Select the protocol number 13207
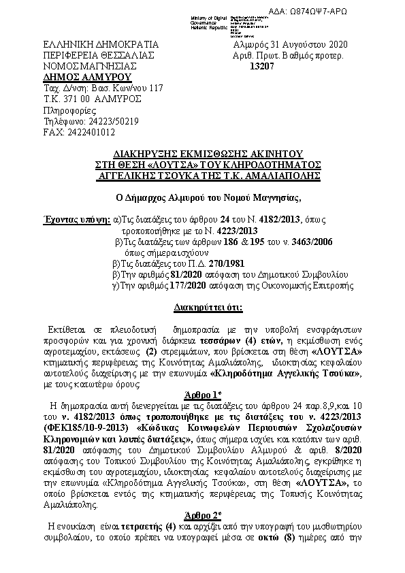click(x=262, y=66)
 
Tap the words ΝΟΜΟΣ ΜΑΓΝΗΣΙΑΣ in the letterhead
click(x=90, y=66)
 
